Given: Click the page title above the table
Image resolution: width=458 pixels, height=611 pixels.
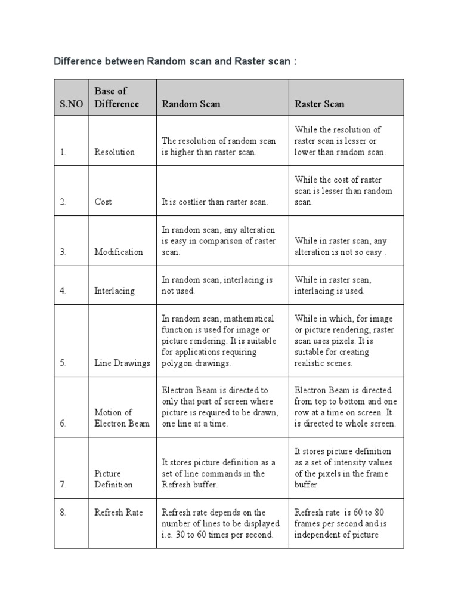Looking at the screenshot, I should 175,61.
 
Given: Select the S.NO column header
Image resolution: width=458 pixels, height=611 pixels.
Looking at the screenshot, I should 72,104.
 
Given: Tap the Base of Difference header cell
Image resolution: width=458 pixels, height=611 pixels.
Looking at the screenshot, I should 116,97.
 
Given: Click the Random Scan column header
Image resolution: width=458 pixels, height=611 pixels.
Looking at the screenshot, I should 191,104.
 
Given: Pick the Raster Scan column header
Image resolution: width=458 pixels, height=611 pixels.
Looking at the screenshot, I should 319,104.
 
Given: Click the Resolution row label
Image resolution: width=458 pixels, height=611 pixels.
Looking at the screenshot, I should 114,152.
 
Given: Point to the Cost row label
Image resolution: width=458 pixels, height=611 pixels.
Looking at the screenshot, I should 103,202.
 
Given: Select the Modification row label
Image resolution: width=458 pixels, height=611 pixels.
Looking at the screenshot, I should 119,252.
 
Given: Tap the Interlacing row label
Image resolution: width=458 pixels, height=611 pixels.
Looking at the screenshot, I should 114,291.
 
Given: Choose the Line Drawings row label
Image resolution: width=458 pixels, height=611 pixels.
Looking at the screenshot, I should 122,363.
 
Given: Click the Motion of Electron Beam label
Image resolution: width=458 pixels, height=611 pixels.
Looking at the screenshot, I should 122,418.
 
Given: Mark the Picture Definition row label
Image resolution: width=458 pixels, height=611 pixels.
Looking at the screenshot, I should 113,479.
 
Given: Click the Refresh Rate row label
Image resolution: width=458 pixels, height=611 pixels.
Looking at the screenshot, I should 118,512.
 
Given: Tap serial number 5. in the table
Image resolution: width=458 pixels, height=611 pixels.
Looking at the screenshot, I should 63,363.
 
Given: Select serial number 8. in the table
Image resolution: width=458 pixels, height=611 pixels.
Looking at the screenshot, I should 63,512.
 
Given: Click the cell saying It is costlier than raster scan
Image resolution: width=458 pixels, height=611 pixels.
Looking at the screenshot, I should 215,202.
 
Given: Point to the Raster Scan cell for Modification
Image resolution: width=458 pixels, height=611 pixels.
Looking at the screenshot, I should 341,246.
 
